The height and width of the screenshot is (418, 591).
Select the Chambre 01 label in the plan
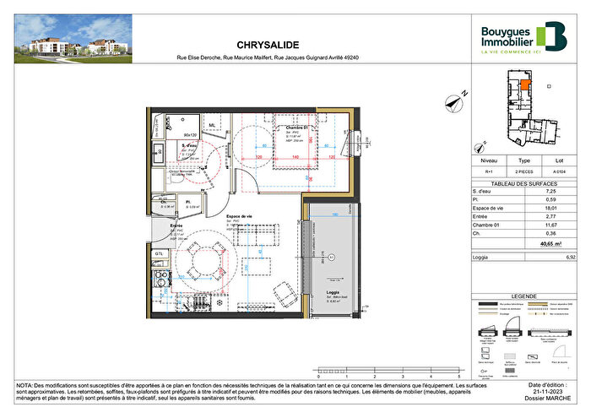[293, 128]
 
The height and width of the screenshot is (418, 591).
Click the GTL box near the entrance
[159, 253]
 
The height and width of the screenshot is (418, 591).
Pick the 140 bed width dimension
[296, 157]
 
